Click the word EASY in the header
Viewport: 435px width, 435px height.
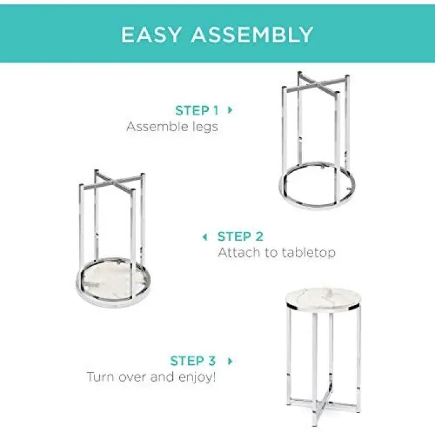[x=151, y=35]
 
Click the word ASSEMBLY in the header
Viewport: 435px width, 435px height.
[x=252, y=35]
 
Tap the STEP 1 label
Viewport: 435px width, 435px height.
[x=197, y=111]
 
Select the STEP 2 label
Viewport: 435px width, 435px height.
[x=240, y=237]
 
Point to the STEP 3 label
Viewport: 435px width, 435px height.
[x=193, y=361]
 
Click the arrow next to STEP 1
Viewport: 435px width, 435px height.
[x=230, y=110]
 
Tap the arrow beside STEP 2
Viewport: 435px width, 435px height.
[x=205, y=237]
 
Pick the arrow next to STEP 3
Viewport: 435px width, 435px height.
[x=230, y=361]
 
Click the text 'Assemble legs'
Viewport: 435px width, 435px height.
[x=172, y=127]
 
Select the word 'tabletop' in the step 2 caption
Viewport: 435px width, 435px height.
[x=308, y=253]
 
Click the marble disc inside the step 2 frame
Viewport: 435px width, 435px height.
[x=114, y=280]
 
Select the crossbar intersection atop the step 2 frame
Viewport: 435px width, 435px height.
[x=114, y=182]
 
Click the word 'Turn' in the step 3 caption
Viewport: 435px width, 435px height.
[x=99, y=377]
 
